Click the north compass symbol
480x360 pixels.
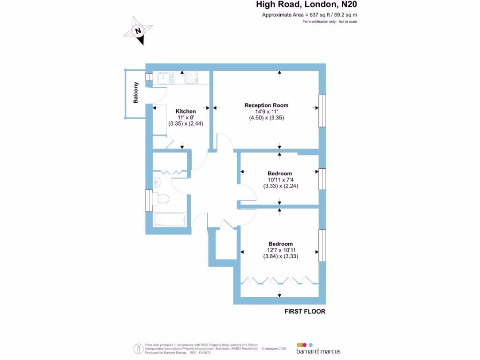tap(138, 31)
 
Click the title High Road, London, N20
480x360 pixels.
tap(309, 5)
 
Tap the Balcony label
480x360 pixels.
tap(136, 93)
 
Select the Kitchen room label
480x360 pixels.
tap(186, 111)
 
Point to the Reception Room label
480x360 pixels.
tap(266, 105)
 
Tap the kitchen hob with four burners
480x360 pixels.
tap(191, 77)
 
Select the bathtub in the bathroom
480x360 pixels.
tap(170, 219)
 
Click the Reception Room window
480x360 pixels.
tap(322, 111)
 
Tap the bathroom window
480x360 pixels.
tap(149, 201)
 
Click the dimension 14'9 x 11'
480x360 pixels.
tap(266, 112)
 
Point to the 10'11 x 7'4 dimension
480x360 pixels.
tap(280, 180)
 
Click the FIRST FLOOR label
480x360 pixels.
tap(305, 311)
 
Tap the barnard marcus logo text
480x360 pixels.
tap(318, 351)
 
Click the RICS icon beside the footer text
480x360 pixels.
tap(139, 349)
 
